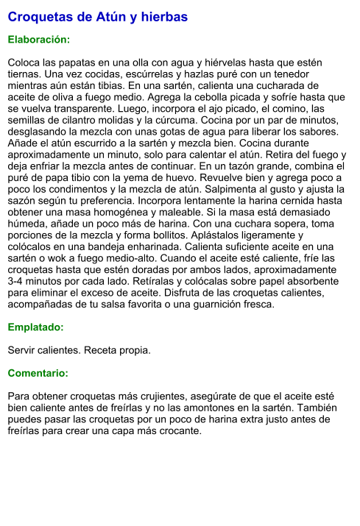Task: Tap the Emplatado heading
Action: click(x=35, y=327)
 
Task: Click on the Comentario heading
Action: click(x=38, y=373)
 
